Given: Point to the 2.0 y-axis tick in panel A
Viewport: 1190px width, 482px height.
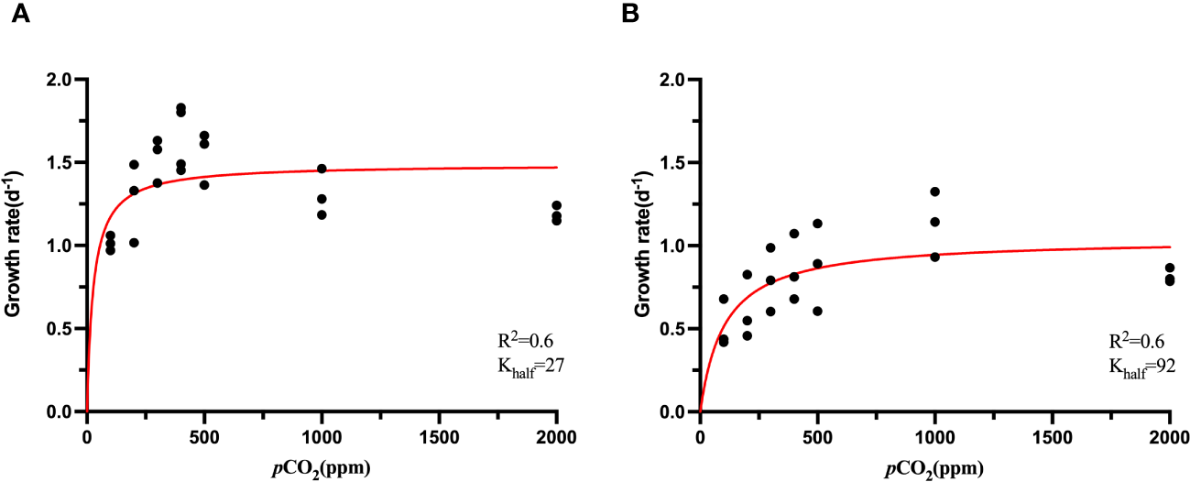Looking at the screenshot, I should click(x=60, y=80).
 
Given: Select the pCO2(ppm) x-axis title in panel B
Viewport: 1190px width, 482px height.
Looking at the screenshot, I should click(x=933, y=468).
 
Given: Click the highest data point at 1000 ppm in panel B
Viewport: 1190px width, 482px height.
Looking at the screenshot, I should click(x=934, y=192).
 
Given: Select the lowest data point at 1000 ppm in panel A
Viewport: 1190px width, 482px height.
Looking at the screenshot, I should click(x=322, y=215).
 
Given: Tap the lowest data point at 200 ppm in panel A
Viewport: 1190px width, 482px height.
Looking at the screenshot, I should click(x=134, y=243).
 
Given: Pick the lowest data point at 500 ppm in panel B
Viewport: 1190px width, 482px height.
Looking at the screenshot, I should click(x=817, y=312).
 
